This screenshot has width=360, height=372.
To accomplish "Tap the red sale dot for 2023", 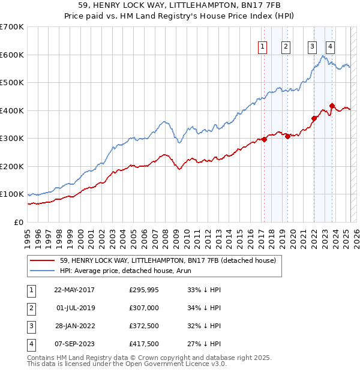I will [332, 106].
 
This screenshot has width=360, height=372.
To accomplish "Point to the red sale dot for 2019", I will [287, 136].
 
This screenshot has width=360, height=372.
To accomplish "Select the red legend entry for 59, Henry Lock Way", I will [167, 260].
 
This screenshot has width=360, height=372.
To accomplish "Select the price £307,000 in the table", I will [143, 308].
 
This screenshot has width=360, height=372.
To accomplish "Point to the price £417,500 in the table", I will [143, 344].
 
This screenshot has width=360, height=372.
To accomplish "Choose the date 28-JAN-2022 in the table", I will [74, 326].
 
